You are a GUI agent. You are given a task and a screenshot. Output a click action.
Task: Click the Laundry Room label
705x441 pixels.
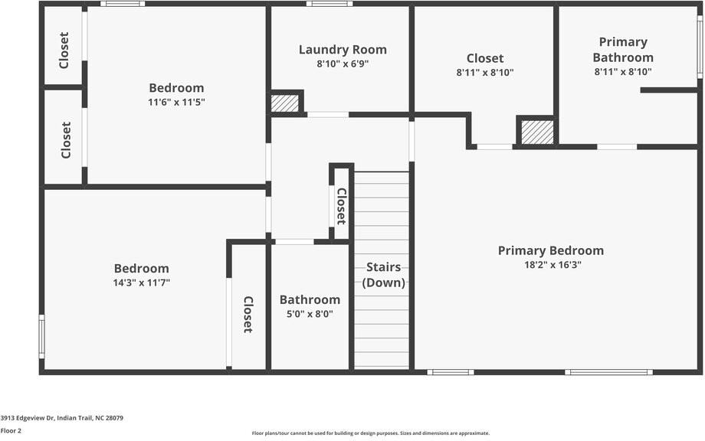click(x=343, y=50)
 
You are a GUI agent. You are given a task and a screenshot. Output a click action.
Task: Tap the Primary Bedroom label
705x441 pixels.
click(x=550, y=250)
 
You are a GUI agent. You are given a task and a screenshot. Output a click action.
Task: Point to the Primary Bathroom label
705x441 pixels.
click(x=622, y=50)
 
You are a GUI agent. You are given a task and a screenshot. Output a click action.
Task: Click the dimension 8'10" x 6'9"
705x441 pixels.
click(x=343, y=64)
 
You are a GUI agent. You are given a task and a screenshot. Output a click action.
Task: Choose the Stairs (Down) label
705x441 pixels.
click(x=383, y=274)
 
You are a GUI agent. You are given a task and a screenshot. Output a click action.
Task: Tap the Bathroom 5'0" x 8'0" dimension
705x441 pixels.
click(x=309, y=314)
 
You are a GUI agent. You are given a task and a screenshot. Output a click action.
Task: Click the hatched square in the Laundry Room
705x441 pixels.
click(x=285, y=103)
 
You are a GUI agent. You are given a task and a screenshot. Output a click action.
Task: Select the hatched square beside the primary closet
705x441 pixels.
click(x=537, y=132)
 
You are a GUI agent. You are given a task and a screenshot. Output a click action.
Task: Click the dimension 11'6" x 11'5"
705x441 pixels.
click(x=176, y=102)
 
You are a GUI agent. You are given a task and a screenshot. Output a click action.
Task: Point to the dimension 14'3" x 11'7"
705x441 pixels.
click(x=141, y=283)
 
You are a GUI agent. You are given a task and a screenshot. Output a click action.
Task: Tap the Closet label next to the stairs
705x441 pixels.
click(x=342, y=203)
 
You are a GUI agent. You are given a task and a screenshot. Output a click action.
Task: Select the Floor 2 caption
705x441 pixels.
click(x=11, y=431)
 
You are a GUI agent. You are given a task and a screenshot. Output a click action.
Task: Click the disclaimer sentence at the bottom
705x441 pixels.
click(x=370, y=433)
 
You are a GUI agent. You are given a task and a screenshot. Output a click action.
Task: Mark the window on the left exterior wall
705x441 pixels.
click(x=41, y=336)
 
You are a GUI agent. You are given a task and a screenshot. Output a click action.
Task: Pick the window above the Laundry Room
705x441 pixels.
click(x=330, y=4)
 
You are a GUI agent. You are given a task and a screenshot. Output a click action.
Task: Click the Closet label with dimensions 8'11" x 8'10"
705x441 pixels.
click(x=484, y=58)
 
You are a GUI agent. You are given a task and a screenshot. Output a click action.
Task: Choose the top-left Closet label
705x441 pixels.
click(x=64, y=50)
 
